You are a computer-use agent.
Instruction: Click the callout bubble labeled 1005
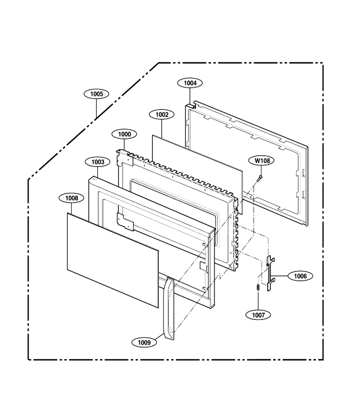(x=96, y=94)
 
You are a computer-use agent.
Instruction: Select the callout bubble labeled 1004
(x=190, y=83)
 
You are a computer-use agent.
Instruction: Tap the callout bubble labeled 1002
(x=162, y=114)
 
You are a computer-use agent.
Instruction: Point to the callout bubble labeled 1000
(x=124, y=134)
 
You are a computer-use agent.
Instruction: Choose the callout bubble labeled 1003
(x=98, y=162)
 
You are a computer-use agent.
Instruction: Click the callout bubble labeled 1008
(x=71, y=198)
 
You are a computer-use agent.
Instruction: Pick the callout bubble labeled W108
(x=261, y=160)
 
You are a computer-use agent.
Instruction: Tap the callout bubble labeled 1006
(x=300, y=276)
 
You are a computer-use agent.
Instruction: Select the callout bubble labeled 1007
(x=258, y=315)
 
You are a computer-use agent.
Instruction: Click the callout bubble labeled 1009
(x=144, y=342)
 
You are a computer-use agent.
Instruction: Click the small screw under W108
(x=260, y=178)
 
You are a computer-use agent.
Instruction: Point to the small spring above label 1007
(x=258, y=287)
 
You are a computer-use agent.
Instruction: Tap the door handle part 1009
(x=169, y=308)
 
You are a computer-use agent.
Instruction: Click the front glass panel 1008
(x=112, y=261)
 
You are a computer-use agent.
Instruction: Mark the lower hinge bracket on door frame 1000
(x=125, y=221)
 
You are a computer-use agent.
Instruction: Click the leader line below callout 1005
(x=96, y=108)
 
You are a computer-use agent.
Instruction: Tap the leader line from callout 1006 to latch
(x=281, y=276)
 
